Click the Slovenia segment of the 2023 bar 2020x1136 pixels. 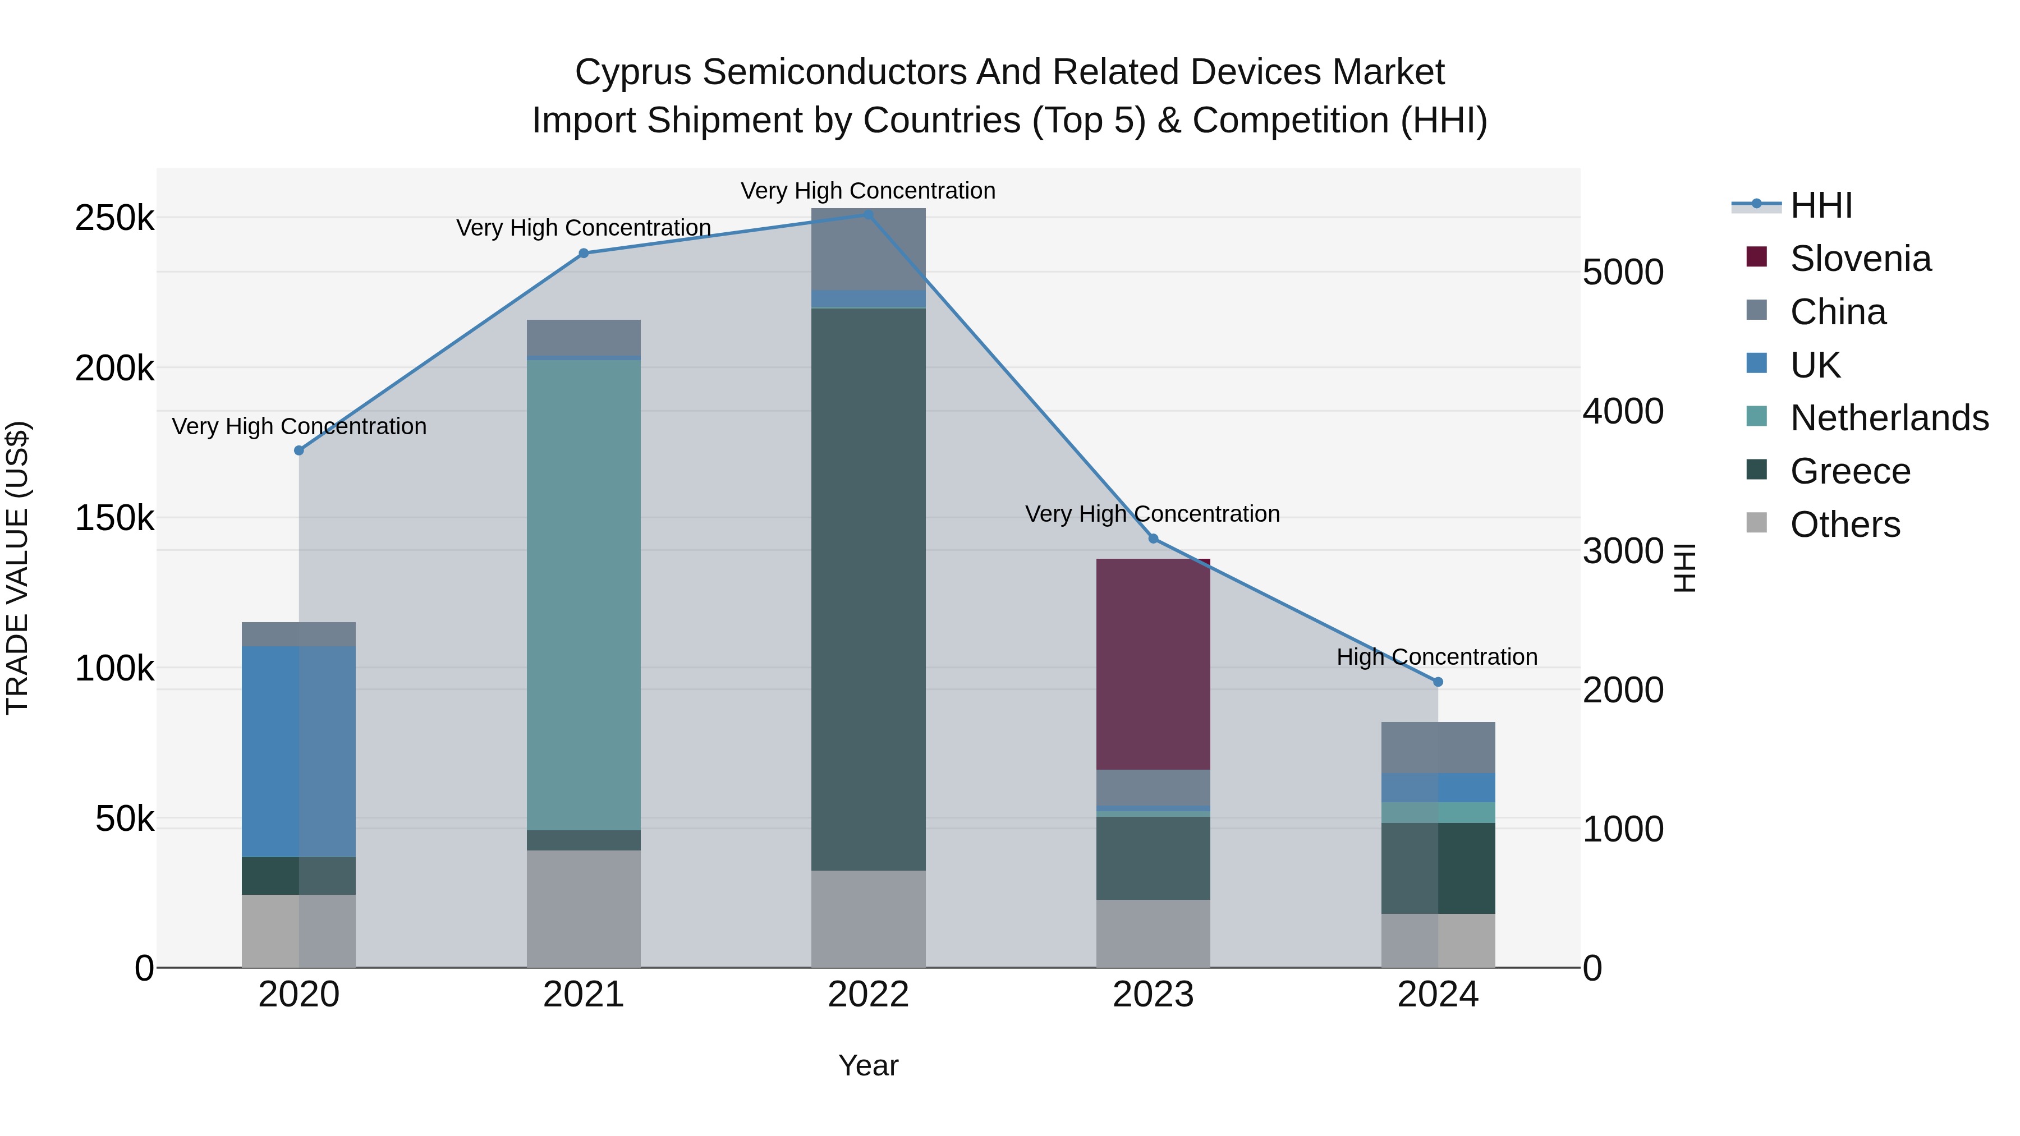(x=1153, y=664)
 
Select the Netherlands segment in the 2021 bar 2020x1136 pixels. (x=584, y=594)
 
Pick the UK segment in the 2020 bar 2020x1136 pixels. (x=298, y=751)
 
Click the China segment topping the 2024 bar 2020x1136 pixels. (x=1438, y=747)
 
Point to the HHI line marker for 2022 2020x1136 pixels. (x=868, y=214)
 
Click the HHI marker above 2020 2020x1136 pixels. (x=299, y=450)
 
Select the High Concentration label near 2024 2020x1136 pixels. (x=1436, y=657)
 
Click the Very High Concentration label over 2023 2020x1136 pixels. (x=1152, y=514)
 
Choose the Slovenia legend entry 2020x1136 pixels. (x=1860, y=259)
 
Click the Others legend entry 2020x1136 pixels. (x=1844, y=525)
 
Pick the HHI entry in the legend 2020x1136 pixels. (x=1821, y=205)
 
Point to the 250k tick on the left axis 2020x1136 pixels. (x=114, y=218)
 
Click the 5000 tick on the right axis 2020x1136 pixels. (x=1622, y=273)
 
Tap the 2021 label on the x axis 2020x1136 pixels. (x=584, y=995)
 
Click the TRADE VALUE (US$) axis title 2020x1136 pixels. (x=17, y=568)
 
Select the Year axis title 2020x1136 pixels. (x=868, y=1065)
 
